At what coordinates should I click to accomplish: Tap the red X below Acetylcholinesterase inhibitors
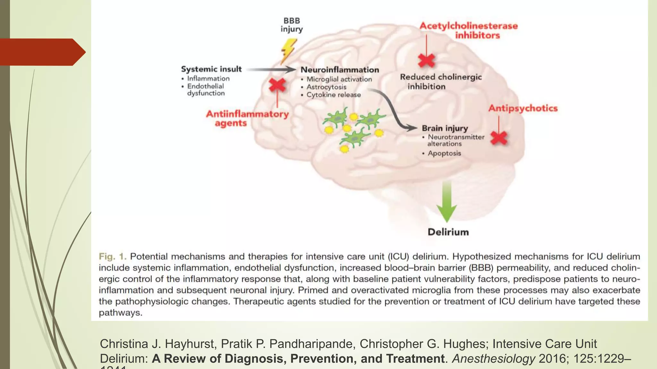[427, 60]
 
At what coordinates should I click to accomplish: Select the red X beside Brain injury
[499, 138]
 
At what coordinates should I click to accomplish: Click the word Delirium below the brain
[448, 232]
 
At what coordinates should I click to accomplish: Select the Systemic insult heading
[211, 69]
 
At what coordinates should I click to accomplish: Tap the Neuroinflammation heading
[340, 70]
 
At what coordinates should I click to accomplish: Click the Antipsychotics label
[523, 108]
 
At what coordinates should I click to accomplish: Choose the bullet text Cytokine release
[334, 95]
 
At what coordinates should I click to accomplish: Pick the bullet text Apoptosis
[444, 153]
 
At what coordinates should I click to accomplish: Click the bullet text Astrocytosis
[326, 87]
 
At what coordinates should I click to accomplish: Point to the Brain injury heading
[445, 128]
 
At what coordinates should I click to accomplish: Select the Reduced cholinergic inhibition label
[440, 81]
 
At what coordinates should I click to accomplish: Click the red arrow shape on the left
[42, 52]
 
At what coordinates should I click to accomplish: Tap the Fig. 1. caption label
[113, 257]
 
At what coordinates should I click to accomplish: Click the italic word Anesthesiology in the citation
[493, 359]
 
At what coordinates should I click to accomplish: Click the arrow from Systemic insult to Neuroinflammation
[271, 69]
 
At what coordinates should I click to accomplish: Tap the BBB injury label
[292, 25]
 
